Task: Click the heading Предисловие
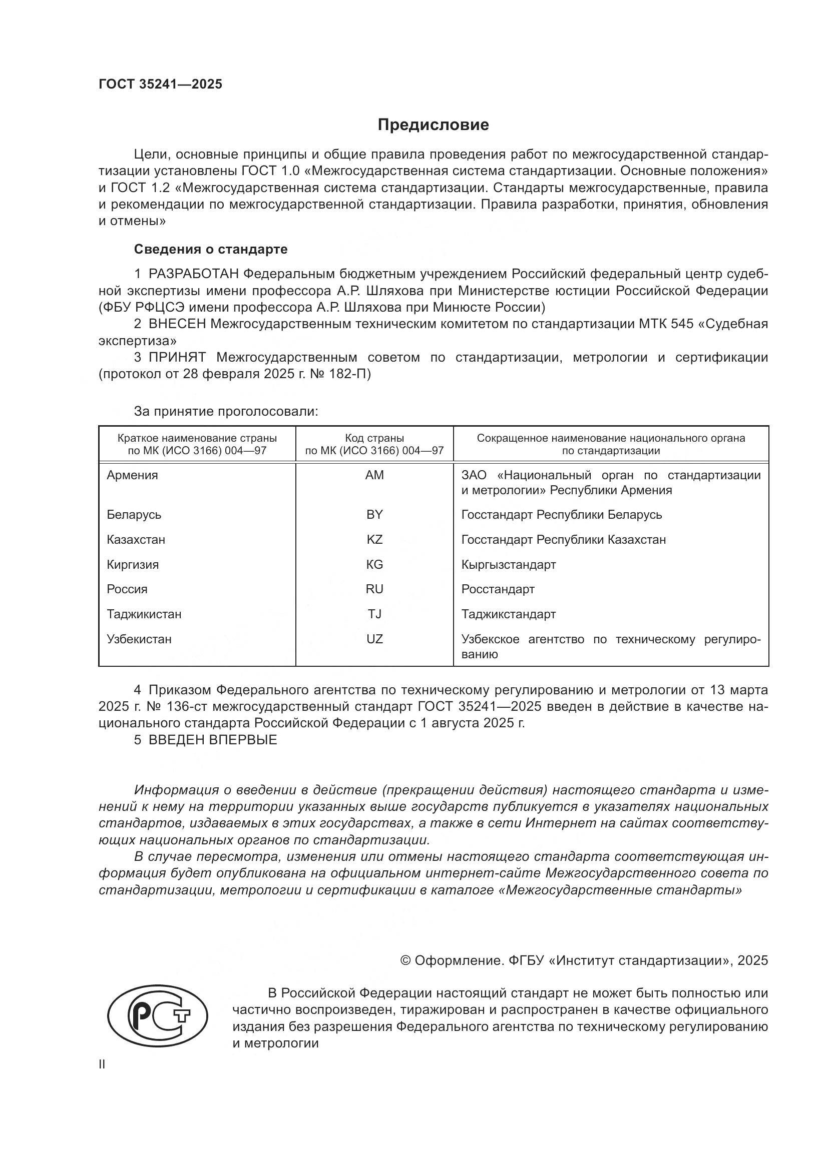(433, 125)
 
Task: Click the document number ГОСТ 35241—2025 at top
(160, 84)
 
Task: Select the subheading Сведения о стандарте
(211, 249)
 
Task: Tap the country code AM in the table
(374, 475)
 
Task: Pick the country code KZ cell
(374, 539)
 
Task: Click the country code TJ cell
(374, 614)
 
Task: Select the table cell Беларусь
(134, 514)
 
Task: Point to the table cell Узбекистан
(139, 638)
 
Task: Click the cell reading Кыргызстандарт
(508, 564)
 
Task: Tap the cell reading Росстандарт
(498, 589)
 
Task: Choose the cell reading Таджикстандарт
(508, 614)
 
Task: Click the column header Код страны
(374, 438)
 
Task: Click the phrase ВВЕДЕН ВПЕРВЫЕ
(213, 740)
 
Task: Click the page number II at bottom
(102, 1064)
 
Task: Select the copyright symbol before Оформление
(405, 960)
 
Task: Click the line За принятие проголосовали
(226, 411)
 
